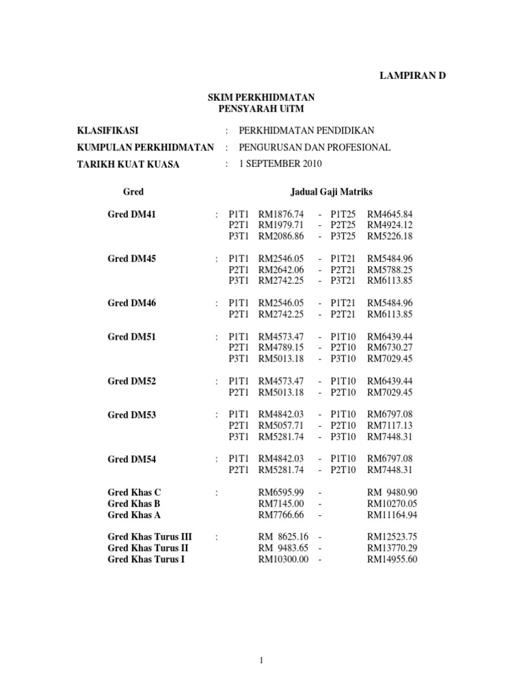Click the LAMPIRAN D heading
pyautogui.click(x=412, y=76)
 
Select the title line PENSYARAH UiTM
pyautogui.click(x=261, y=108)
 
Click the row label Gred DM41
pyautogui.click(x=131, y=214)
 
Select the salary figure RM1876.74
pyautogui.click(x=281, y=214)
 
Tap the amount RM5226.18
pyautogui.click(x=390, y=236)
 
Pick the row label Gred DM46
pyautogui.click(x=131, y=303)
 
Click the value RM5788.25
pyautogui.click(x=390, y=270)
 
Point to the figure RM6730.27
pyautogui.click(x=390, y=348)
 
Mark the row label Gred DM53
pyautogui.click(x=131, y=415)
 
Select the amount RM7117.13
pyautogui.click(x=390, y=425)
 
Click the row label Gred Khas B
pyautogui.click(x=134, y=504)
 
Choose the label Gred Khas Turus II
pyautogui.click(x=148, y=548)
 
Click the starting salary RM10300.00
pyautogui.click(x=283, y=560)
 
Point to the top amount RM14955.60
pyautogui.click(x=392, y=560)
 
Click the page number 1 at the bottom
pyautogui.click(x=261, y=660)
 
